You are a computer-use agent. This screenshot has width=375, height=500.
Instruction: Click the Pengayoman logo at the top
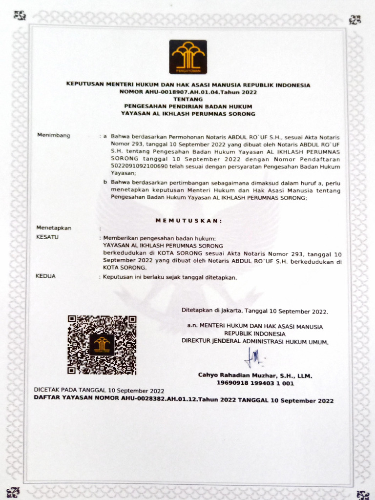coord(188,57)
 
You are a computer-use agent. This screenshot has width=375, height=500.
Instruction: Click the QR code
coord(102,345)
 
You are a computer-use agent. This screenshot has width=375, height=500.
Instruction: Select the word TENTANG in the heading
coord(188,99)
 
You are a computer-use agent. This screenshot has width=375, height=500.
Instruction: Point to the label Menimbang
coord(54,135)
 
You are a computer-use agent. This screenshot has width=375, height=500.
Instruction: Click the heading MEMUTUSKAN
coord(188,221)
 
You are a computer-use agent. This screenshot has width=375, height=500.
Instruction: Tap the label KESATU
coord(47,237)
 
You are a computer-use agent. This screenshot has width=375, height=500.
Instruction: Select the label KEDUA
coord(46,276)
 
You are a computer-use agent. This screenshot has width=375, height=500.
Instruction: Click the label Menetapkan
coord(54,228)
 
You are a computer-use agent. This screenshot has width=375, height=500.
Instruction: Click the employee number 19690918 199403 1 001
coord(255,383)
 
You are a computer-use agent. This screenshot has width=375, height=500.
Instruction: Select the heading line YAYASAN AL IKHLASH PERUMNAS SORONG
coord(188,114)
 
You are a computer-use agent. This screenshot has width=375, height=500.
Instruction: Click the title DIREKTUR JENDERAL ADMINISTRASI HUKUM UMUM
coord(255,342)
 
